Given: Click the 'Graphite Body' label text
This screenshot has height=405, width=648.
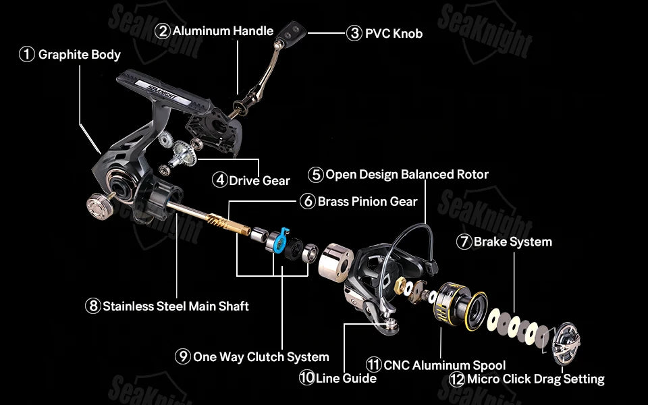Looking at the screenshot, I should pos(79,55).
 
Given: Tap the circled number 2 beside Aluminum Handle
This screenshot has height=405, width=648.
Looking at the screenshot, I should pos(163,31).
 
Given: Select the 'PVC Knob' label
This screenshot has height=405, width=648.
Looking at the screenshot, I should pos(394,33).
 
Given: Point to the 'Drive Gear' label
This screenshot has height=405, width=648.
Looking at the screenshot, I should pos(259,180).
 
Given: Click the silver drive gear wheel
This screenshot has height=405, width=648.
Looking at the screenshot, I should pos(183,153).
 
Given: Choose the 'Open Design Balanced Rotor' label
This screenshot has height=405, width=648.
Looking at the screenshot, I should pos(406,174).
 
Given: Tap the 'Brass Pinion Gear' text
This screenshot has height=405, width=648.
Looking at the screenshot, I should pos(367,201).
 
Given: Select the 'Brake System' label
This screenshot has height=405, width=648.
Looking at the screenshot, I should pos(512,242).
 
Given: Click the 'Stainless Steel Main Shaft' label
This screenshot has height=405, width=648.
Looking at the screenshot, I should pos(175,306).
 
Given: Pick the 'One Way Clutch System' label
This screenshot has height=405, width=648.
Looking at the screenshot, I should pos(261,356).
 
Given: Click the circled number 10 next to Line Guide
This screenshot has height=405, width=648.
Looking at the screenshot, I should pos(306,378).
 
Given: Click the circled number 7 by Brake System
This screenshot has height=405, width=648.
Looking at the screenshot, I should pos(464,242).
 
